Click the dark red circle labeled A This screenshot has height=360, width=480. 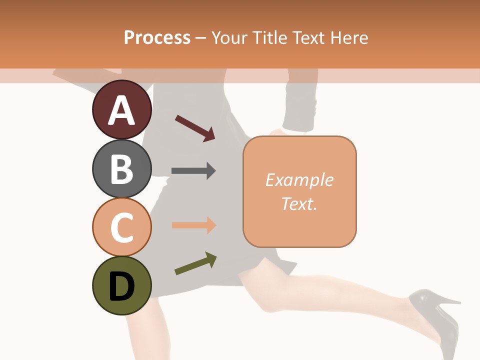tap(121, 109)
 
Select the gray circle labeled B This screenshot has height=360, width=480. tap(121, 168)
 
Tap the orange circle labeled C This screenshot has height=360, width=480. tap(121, 227)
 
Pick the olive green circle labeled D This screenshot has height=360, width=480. tap(121, 285)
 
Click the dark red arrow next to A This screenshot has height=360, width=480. tap(195, 128)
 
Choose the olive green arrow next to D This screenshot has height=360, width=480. tap(195, 263)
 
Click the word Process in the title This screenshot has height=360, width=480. tap(157, 37)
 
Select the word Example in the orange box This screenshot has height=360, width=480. tap(299, 180)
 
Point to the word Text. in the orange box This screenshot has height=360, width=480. tap(299, 203)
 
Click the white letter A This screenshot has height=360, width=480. tap(121, 110)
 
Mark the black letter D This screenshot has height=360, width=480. tap(121, 286)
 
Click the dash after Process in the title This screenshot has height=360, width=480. tap(200, 38)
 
